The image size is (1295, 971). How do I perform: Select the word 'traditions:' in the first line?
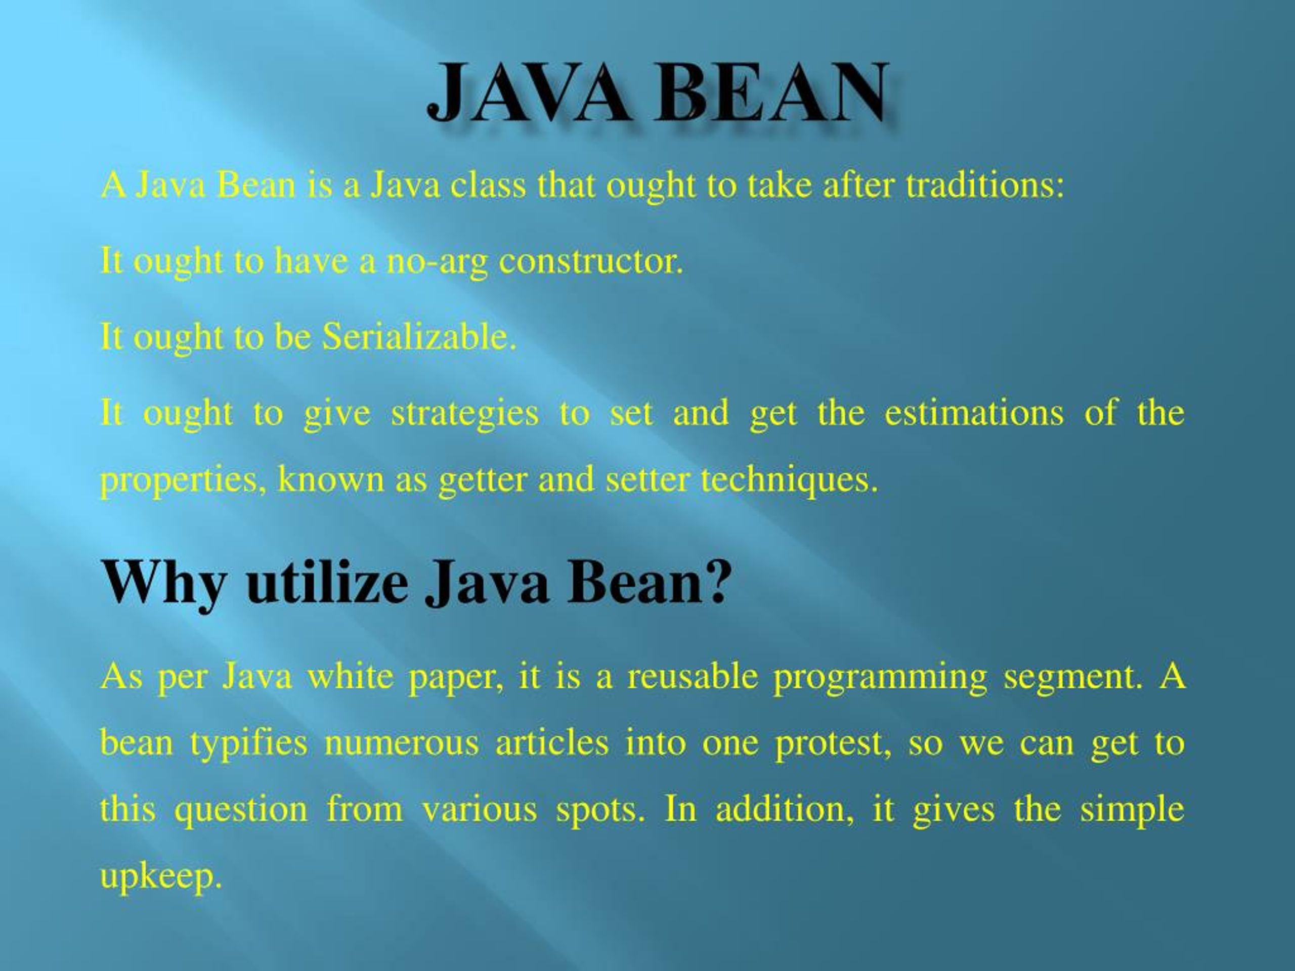coord(984,186)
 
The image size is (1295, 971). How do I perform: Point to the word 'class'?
coord(488,186)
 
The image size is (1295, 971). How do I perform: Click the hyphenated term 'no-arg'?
coord(437,261)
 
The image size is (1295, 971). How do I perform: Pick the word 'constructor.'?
coord(591,261)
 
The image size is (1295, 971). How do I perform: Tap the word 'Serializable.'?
coord(420,337)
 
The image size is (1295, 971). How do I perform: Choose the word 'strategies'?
coord(464,413)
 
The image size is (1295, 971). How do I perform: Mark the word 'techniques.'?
coord(790,479)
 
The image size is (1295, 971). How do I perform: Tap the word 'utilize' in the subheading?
coord(327,583)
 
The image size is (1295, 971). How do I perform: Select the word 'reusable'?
coord(693,677)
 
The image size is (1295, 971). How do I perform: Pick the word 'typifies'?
coord(248,744)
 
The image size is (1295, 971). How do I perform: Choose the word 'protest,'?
coord(833,744)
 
